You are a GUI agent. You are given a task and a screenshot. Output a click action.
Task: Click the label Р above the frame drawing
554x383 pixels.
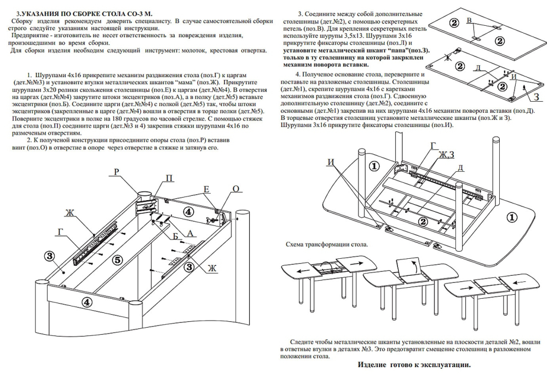click(116, 172)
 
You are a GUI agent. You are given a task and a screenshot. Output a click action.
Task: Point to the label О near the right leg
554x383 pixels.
click(236, 189)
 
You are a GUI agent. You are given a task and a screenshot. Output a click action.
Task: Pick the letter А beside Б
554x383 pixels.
click(191, 234)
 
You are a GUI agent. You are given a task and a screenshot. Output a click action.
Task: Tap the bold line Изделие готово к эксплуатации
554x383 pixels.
click(414, 364)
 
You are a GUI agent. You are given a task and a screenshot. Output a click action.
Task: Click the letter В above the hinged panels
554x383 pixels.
click(469, 21)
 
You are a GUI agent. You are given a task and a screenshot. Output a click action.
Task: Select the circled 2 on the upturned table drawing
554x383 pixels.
click(423, 221)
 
